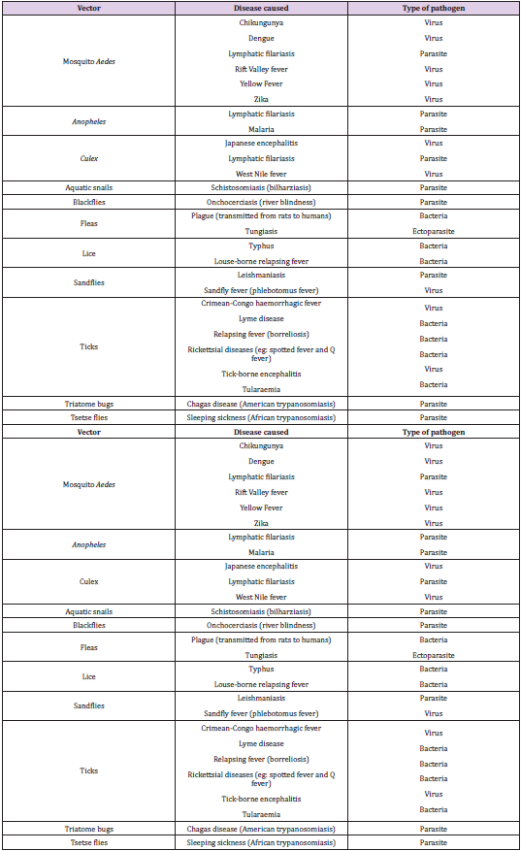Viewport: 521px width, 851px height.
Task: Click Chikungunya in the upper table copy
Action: coord(260,22)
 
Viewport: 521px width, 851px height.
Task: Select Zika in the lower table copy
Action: coord(260,523)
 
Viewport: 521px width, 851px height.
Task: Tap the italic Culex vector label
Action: coord(88,158)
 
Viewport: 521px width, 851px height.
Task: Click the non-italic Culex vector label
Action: coord(88,581)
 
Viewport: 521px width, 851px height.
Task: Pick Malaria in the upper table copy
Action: coord(260,128)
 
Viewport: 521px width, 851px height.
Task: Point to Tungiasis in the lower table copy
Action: coord(260,655)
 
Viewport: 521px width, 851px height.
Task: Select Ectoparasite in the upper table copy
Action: coord(434,232)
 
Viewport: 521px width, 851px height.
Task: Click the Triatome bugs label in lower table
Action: coord(88,829)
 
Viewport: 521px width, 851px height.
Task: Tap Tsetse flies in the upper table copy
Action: coord(88,417)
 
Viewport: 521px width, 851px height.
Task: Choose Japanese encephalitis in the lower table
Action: coord(260,567)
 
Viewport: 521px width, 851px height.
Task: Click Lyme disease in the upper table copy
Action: coord(260,318)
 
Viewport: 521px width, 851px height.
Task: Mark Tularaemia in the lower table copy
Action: coord(260,814)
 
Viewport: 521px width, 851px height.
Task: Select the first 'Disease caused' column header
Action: coord(260,8)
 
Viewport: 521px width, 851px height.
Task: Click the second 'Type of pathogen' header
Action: coord(434,431)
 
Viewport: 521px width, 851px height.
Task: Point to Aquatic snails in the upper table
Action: coord(88,188)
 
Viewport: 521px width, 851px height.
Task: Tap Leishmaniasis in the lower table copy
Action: coord(260,698)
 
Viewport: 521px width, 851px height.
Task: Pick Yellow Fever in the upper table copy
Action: coord(260,84)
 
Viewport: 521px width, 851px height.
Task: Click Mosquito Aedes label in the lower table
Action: coord(88,484)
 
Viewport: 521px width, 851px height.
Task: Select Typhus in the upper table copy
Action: coord(260,246)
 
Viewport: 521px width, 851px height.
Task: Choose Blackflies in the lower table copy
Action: coord(88,626)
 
